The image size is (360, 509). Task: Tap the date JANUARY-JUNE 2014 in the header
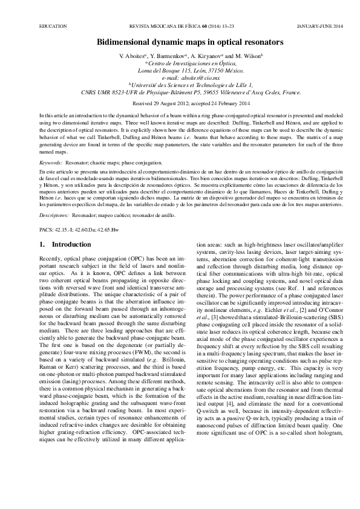click(x=321, y=27)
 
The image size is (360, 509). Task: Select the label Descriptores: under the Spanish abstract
click(x=54, y=215)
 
